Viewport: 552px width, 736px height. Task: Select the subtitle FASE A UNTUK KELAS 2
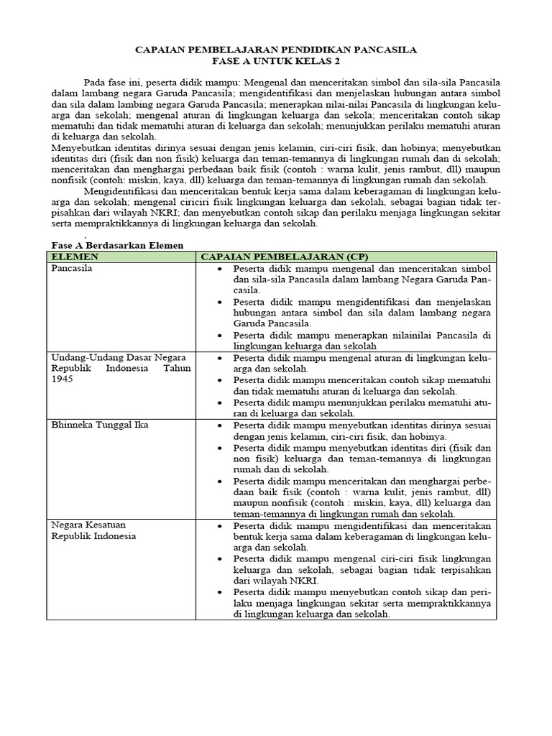pos(276,62)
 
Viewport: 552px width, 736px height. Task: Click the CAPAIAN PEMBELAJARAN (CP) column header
pos(283,257)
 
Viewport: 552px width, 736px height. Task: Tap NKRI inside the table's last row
pos(310,580)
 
